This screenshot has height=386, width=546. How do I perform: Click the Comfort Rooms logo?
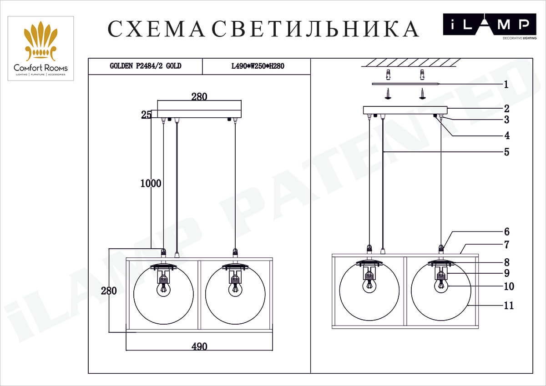(40, 48)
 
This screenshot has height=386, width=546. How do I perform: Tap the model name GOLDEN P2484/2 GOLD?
(146, 66)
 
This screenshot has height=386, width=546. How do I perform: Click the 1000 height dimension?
(151, 183)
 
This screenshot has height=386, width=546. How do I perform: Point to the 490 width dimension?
(199, 346)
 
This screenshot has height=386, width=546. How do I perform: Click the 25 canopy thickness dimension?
(146, 115)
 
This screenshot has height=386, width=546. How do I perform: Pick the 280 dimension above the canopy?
(199, 96)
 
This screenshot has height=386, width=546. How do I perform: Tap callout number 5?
(506, 152)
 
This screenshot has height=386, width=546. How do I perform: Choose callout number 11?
(508, 306)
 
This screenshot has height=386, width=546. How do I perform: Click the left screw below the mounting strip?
(388, 93)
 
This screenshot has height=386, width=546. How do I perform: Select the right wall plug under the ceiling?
(423, 74)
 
